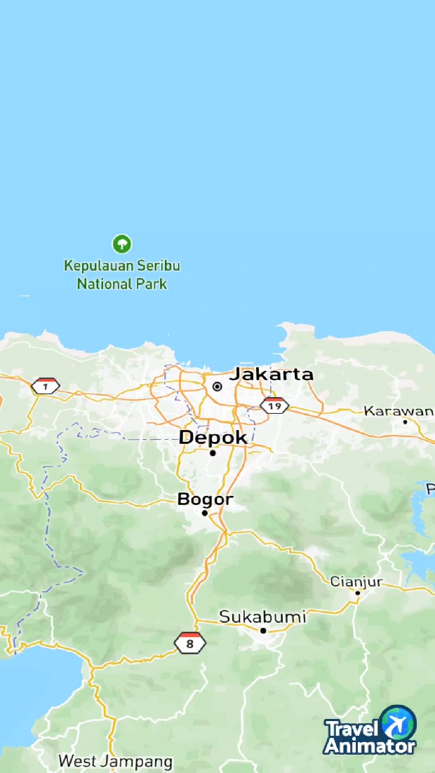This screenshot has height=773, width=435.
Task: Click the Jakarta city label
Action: (x=272, y=374)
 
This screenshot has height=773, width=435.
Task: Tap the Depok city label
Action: (x=213, y=438)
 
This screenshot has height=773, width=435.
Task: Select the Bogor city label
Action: (x=205, y=499)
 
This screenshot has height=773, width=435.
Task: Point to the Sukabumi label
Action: (x=262, y=617)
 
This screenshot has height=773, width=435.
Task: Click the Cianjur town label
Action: (x=356, y=582)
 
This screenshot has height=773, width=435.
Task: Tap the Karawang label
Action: (x=399, y=410)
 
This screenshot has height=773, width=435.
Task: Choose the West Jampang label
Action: (x=115, y=761)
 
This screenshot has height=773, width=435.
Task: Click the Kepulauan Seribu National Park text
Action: (x=122, y=275)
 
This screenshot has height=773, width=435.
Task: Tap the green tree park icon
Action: (x=122, y=244)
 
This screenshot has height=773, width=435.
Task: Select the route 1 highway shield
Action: (x=46, y=387)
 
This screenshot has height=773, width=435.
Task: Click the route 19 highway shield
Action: (x=274, y=405)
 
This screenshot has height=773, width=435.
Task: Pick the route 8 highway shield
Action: (x=189, y=643)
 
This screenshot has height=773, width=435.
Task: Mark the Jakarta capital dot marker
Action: (x=217, y=387)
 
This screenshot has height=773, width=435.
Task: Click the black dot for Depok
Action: (x=213, y=453)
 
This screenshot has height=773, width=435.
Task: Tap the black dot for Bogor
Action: (x=205, y=513)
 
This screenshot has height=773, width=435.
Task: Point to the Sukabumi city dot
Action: (x=263, y=631)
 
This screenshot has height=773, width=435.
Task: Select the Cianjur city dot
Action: (x=357, y=593)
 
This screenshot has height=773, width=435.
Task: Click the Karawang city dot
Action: (x=405, y=422)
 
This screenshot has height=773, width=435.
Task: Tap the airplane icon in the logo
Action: (x=398, y=722)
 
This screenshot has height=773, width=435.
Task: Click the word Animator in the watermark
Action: (x=370, y=746)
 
